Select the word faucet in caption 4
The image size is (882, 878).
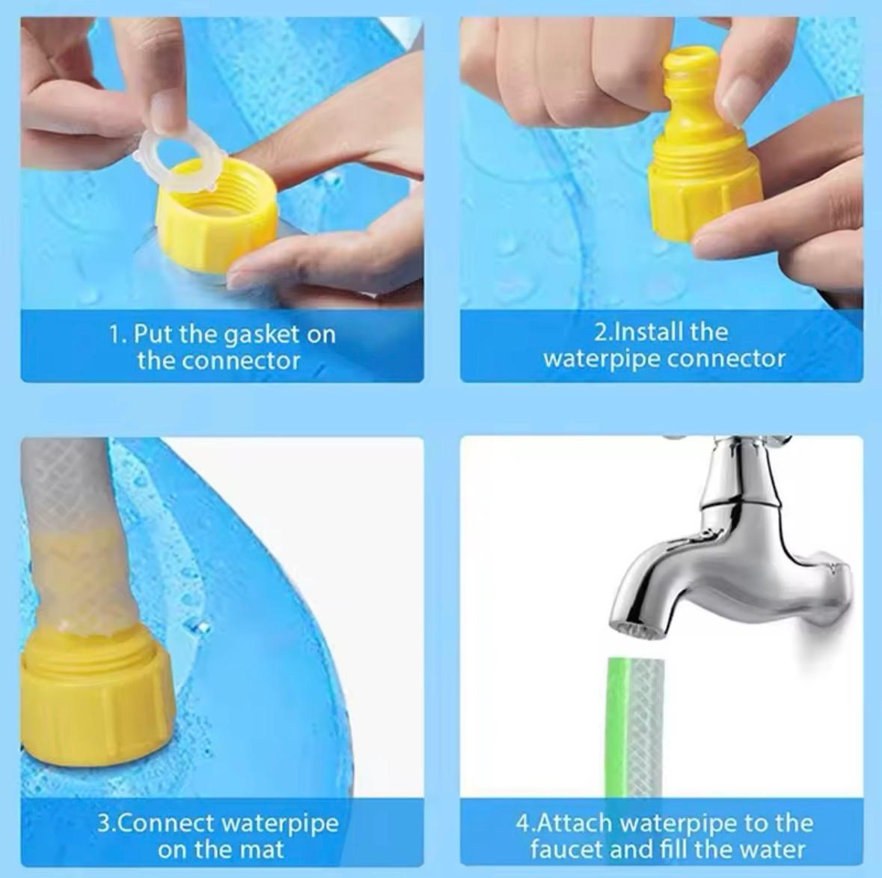point(566,850)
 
